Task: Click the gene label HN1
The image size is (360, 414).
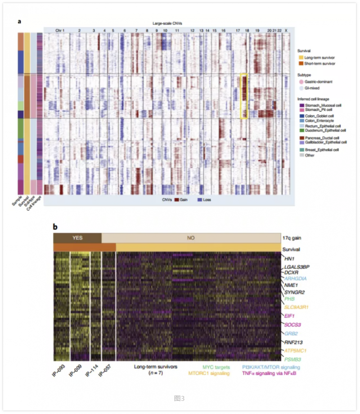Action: coord(289,259)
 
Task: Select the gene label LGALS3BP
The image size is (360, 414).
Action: coord(297,267)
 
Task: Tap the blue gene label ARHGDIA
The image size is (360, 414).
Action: coord(296,278)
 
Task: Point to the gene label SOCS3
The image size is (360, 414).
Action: coord(292,325)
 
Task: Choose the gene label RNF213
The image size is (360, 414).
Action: coord(293,342)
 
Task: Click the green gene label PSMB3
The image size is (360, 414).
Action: coord(293,359)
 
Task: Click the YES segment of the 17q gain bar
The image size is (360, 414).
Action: coord(77,237)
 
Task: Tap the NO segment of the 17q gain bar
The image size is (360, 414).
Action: coord(191,237)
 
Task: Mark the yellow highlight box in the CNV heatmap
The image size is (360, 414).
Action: coord(244,96)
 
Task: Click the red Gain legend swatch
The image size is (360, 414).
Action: coord(177,199)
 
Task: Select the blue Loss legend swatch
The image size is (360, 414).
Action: coord(200,199)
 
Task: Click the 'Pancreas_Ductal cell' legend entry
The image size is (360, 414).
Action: coord(321,137)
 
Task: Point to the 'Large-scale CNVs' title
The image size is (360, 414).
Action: coord(167,23)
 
